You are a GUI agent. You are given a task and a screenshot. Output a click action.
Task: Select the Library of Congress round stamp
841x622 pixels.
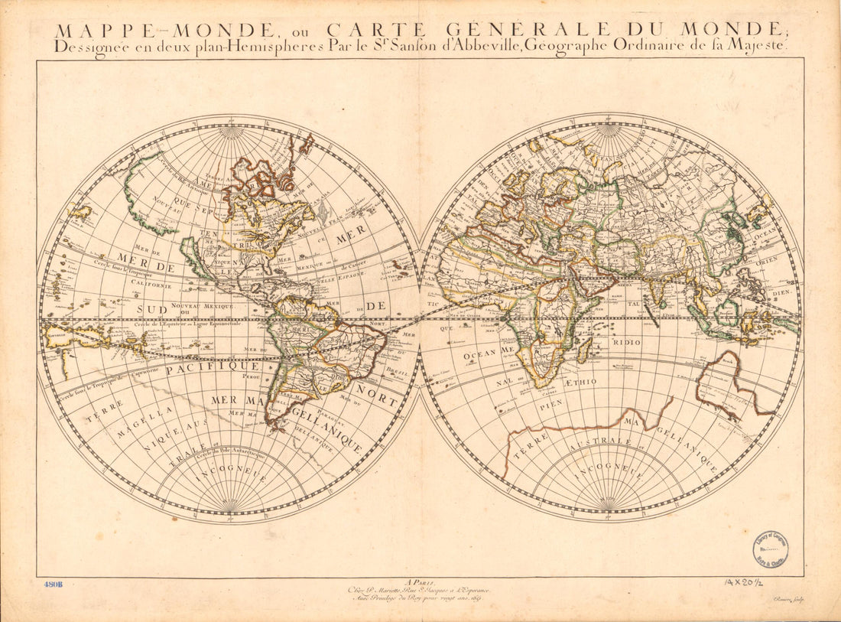click(x=771, y=549)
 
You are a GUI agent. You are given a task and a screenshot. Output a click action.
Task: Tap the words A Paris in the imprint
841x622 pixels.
click(x=420, y=581)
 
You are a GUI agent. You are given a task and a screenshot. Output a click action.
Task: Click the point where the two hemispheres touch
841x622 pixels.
click(x=420, y=318)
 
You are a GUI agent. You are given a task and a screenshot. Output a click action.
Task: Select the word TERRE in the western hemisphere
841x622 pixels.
click(x=104, y=409)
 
